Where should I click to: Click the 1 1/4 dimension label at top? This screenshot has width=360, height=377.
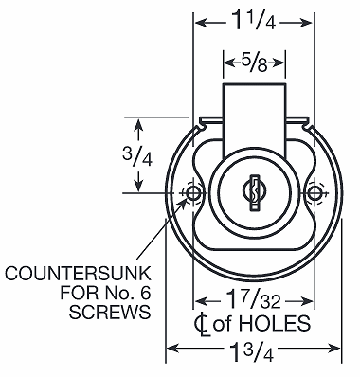(253, 20)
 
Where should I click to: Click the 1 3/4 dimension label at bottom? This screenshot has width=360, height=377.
(253, 351)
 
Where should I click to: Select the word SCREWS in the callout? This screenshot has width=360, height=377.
(111, 313)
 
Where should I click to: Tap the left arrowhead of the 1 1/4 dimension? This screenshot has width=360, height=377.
(199, 20)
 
